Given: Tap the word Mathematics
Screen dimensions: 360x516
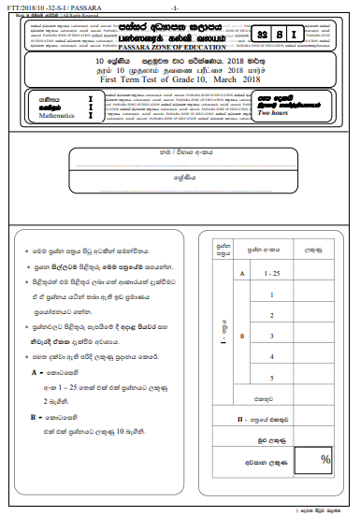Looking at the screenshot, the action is (x=57, y=119).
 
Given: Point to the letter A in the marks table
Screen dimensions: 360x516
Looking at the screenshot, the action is (x=241, y=272).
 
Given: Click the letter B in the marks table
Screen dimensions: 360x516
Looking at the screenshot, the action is (x=241, y=335).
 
